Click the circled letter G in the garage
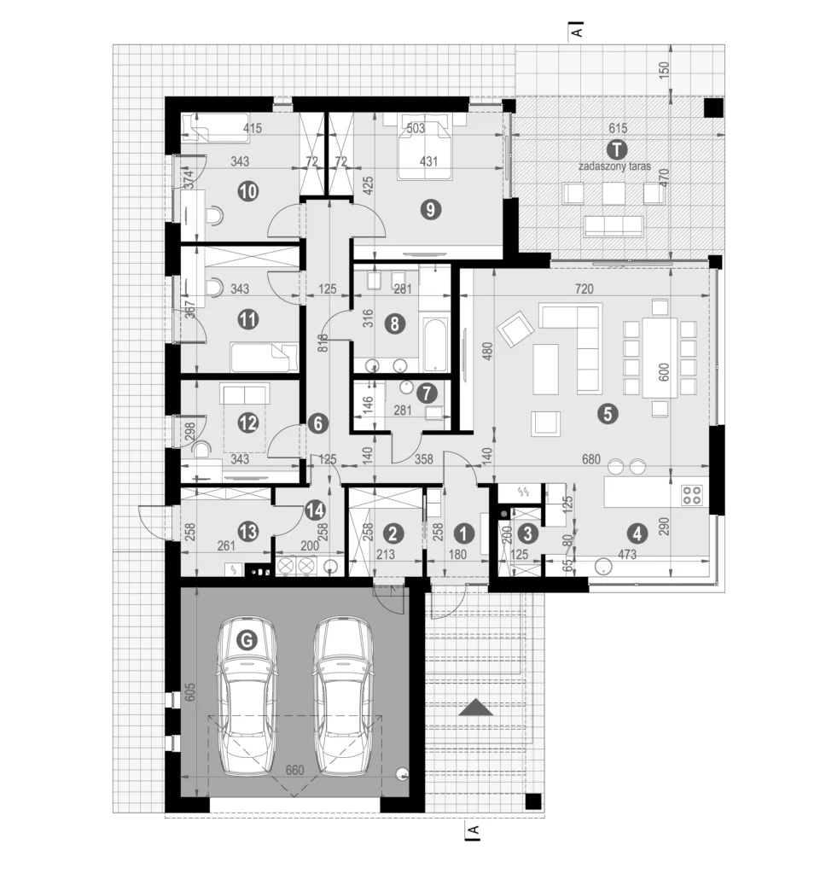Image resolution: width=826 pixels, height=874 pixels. click(247, 640)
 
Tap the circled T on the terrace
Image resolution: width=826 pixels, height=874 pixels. click(616, 149)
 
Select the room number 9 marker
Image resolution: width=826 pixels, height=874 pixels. click(430, 210)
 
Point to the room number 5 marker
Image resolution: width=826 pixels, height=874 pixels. click(607, 414)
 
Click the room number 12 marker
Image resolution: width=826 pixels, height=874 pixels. click(248, 423)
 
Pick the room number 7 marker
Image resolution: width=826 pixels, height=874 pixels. click(427, 393)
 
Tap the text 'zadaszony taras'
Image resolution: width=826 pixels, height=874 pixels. click(614, 166)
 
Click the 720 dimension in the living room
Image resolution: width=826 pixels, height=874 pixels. click(585, 288)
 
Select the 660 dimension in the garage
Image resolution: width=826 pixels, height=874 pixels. click(295, 770)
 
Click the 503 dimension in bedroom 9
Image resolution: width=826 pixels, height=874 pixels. click(416, 128)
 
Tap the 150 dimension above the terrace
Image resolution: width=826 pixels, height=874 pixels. click(663, 70)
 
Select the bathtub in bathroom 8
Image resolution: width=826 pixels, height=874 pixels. click(435, 344)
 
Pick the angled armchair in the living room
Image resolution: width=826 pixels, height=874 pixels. click(516, 329)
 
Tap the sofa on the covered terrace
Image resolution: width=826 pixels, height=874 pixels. click(613, 225)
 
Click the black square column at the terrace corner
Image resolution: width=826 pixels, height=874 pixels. click(712, 108)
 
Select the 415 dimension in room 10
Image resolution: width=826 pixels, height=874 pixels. click(253, 128)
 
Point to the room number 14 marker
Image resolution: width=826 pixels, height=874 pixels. click(315, 510)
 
